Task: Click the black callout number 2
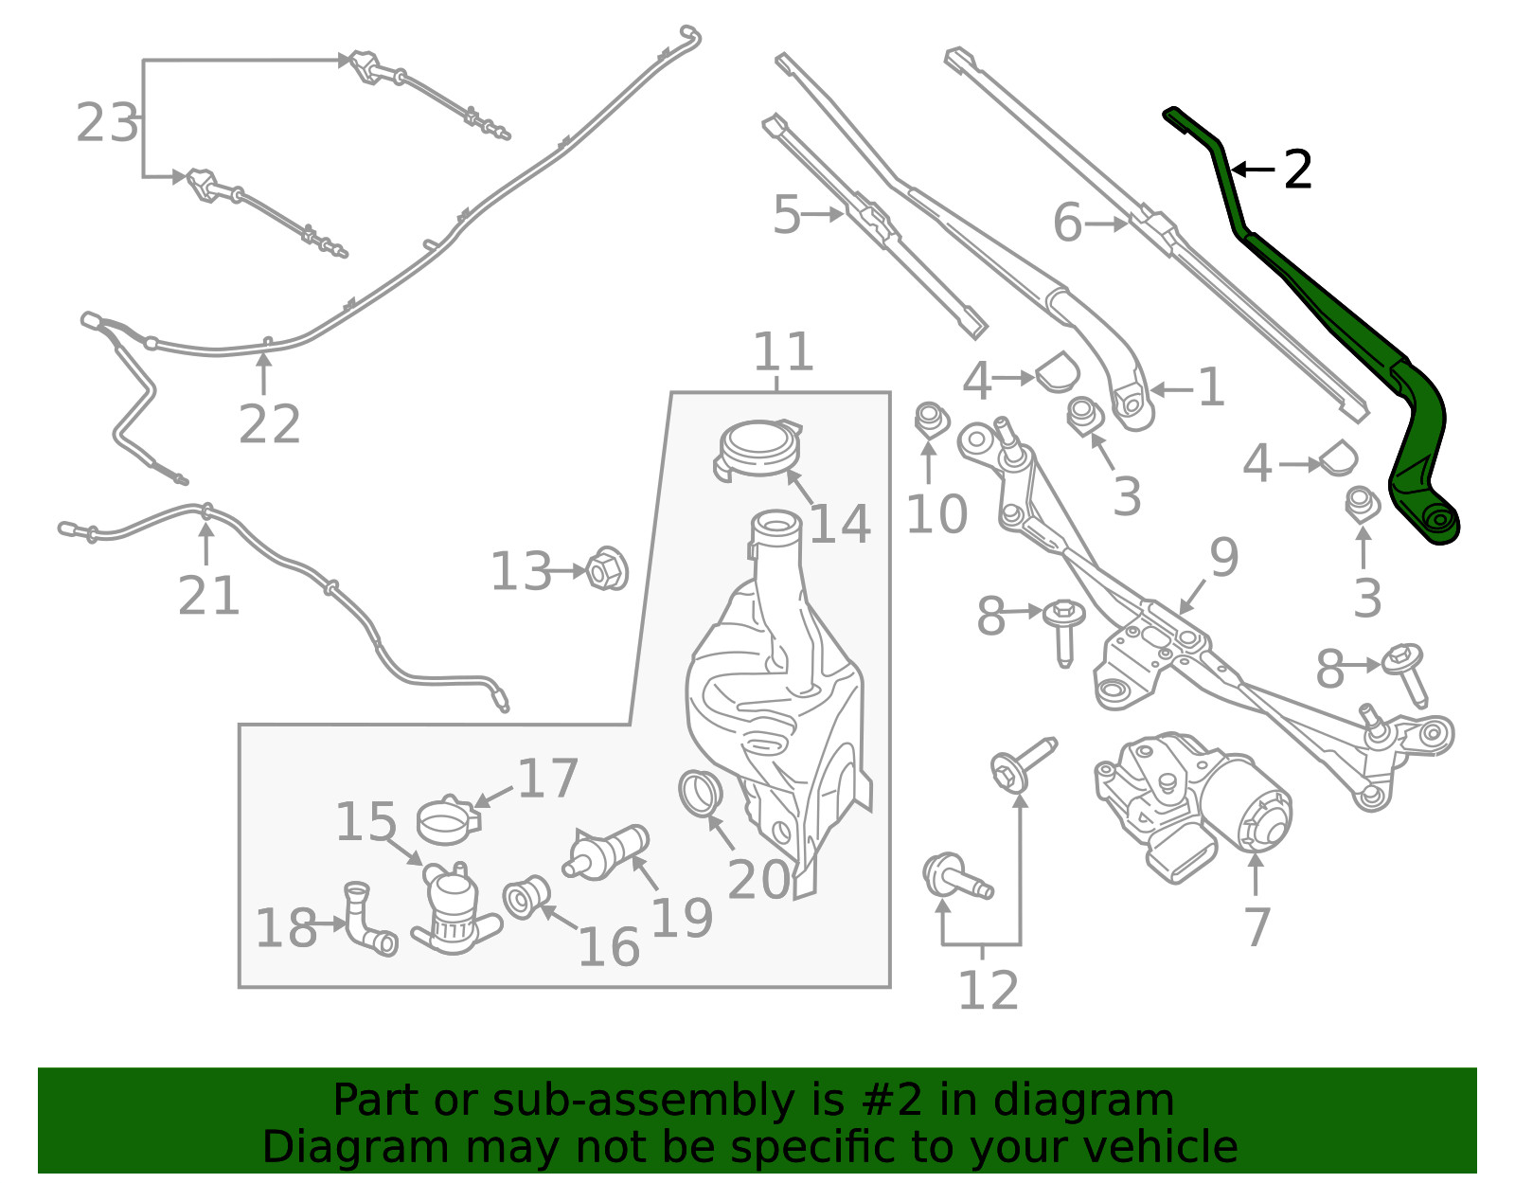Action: (1297, 170)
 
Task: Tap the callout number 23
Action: (107, 123)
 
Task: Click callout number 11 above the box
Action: (784, 351)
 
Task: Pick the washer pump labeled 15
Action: (454, 906)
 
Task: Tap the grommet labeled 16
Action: (526, 897)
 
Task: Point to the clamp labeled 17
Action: (448, 820)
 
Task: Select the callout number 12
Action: (989, 989)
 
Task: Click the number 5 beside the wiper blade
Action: (787, 215)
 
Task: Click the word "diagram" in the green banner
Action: (1083, 1100)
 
